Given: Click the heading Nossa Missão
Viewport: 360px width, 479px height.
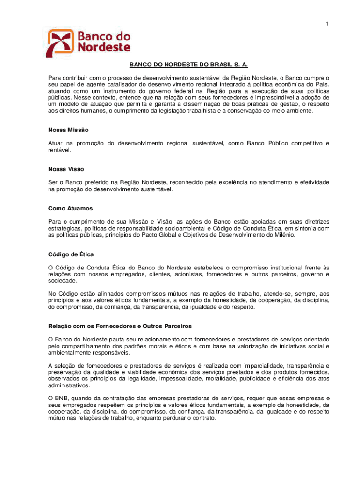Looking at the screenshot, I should point(68,130).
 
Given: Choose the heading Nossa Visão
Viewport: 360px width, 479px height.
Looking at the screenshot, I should point(66,168).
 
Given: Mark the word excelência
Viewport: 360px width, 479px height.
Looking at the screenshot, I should point(229,182).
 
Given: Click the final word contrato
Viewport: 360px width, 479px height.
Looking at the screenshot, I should point(203,418).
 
